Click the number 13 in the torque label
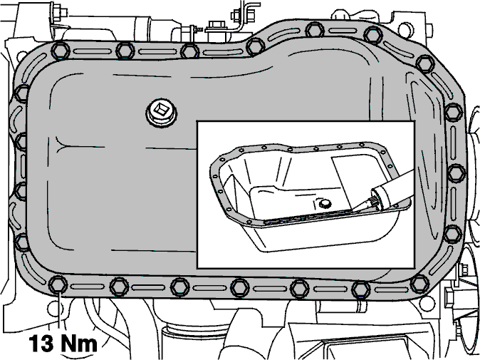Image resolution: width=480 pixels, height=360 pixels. tap(41, 343)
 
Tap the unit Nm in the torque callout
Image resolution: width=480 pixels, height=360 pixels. tap(79, 343)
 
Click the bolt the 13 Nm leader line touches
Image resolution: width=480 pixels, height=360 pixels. tap(58, 284)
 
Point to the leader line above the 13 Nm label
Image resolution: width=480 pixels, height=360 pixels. tap(58, 312)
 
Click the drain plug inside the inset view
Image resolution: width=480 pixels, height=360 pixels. tap(323, 203)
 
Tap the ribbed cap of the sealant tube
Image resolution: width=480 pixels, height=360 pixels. tap(377, 199)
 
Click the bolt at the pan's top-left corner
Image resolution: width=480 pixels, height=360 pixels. tap(60, 51)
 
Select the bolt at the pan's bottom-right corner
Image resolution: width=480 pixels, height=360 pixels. tap(419, 284)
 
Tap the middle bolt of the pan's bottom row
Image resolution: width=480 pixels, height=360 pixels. tap(240, 287)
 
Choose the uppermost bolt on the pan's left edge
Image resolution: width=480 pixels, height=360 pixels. tap(22, 94)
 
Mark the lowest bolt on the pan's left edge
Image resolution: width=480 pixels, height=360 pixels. tap(21, 242)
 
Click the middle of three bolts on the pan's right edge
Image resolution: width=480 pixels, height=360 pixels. tap(456, 173)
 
